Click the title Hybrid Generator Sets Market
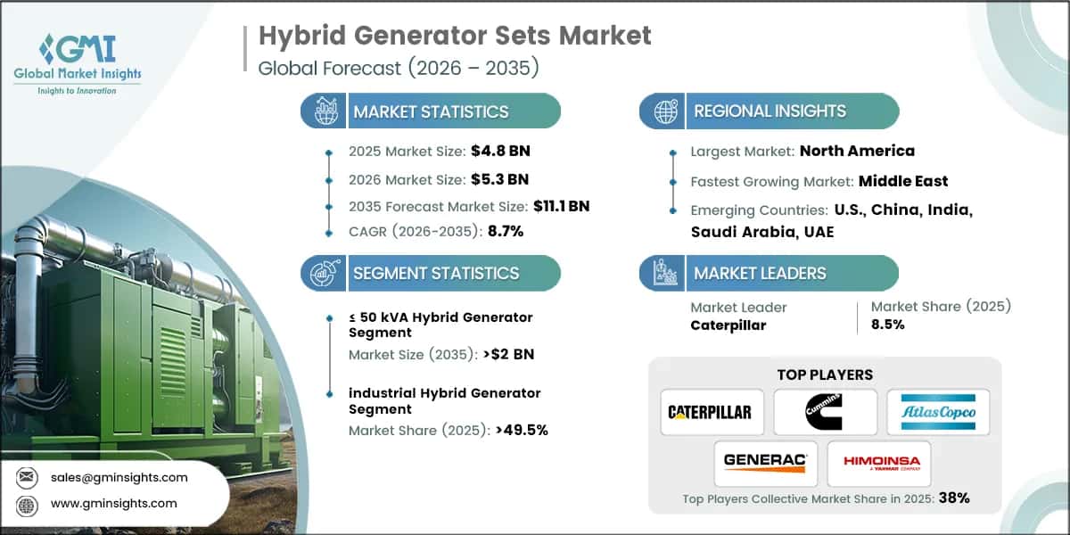pos(455,36)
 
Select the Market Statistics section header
pos(431,111)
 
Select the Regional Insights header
pos(769,111)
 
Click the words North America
pos(857,151)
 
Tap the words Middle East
pos(903,181)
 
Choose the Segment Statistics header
pos(435,273)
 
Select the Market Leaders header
pos(760,273)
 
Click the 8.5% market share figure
pos(887,325)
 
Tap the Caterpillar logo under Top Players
pos(711,412)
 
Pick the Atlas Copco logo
pos(937,412)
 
